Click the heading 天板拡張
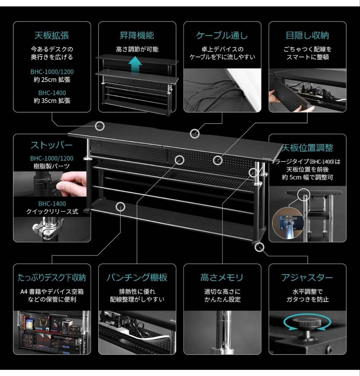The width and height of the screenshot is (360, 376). [52, 35]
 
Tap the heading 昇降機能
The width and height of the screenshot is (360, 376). [137, 35]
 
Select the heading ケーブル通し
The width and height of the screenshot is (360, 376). [222, 35]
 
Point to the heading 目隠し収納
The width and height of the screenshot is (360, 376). [307, 35]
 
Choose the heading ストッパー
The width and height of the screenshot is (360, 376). [52, 145]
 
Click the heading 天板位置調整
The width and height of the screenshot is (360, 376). [307, 148]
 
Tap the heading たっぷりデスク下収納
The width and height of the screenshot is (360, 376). [52, 277]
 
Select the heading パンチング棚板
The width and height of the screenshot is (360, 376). [137, 277]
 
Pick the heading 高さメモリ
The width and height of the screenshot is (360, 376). [222, 277]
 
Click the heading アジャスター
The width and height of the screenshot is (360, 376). [307, 277]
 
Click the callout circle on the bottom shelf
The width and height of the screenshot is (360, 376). [120, 206]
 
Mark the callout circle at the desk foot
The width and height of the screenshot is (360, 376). [259, 247]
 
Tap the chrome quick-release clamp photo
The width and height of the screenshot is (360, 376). [49, 228]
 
